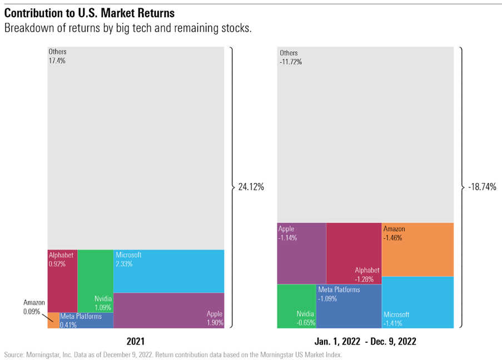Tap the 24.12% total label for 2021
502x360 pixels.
pos(251,188)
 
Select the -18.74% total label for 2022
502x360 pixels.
pos(481,188)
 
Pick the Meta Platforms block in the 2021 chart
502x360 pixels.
pos(86,320)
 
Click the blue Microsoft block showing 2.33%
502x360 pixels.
pos(168,271)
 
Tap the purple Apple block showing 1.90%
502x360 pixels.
pos(168,310)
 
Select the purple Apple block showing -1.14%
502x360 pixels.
pos(301,253)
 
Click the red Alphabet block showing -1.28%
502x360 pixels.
pos(354,253)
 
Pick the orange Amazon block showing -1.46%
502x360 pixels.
pos(417,249)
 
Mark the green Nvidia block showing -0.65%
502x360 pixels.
pos(296,306)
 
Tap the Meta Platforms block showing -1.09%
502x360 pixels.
pos(349,306)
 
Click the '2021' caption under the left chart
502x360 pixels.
pos(136,341)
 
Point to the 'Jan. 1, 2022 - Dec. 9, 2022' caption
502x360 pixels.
pos(365,341)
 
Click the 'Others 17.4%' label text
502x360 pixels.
pos(57,56)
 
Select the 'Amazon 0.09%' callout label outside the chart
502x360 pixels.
pos(33,307)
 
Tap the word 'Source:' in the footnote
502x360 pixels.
pos(14,354)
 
